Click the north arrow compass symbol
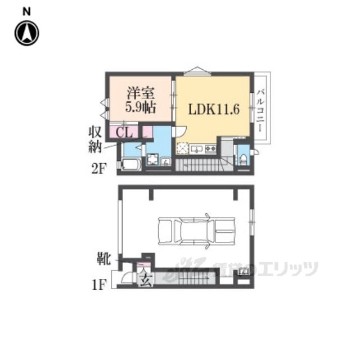click(27, 33)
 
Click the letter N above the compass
click(26, 12)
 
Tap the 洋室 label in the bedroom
click(140, 93)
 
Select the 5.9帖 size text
click(140, 107)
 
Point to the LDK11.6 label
click(214, 109)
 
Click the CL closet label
click(124, 133)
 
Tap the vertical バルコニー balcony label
click(260, 111)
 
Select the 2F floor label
click(99, 169)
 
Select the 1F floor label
click(99, 285)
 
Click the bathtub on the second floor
click(130, 164)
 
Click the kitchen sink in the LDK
click(196, 149)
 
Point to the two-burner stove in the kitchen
click(210, 149)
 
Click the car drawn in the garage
click(196, 231)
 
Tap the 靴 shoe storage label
click(103, 259)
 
